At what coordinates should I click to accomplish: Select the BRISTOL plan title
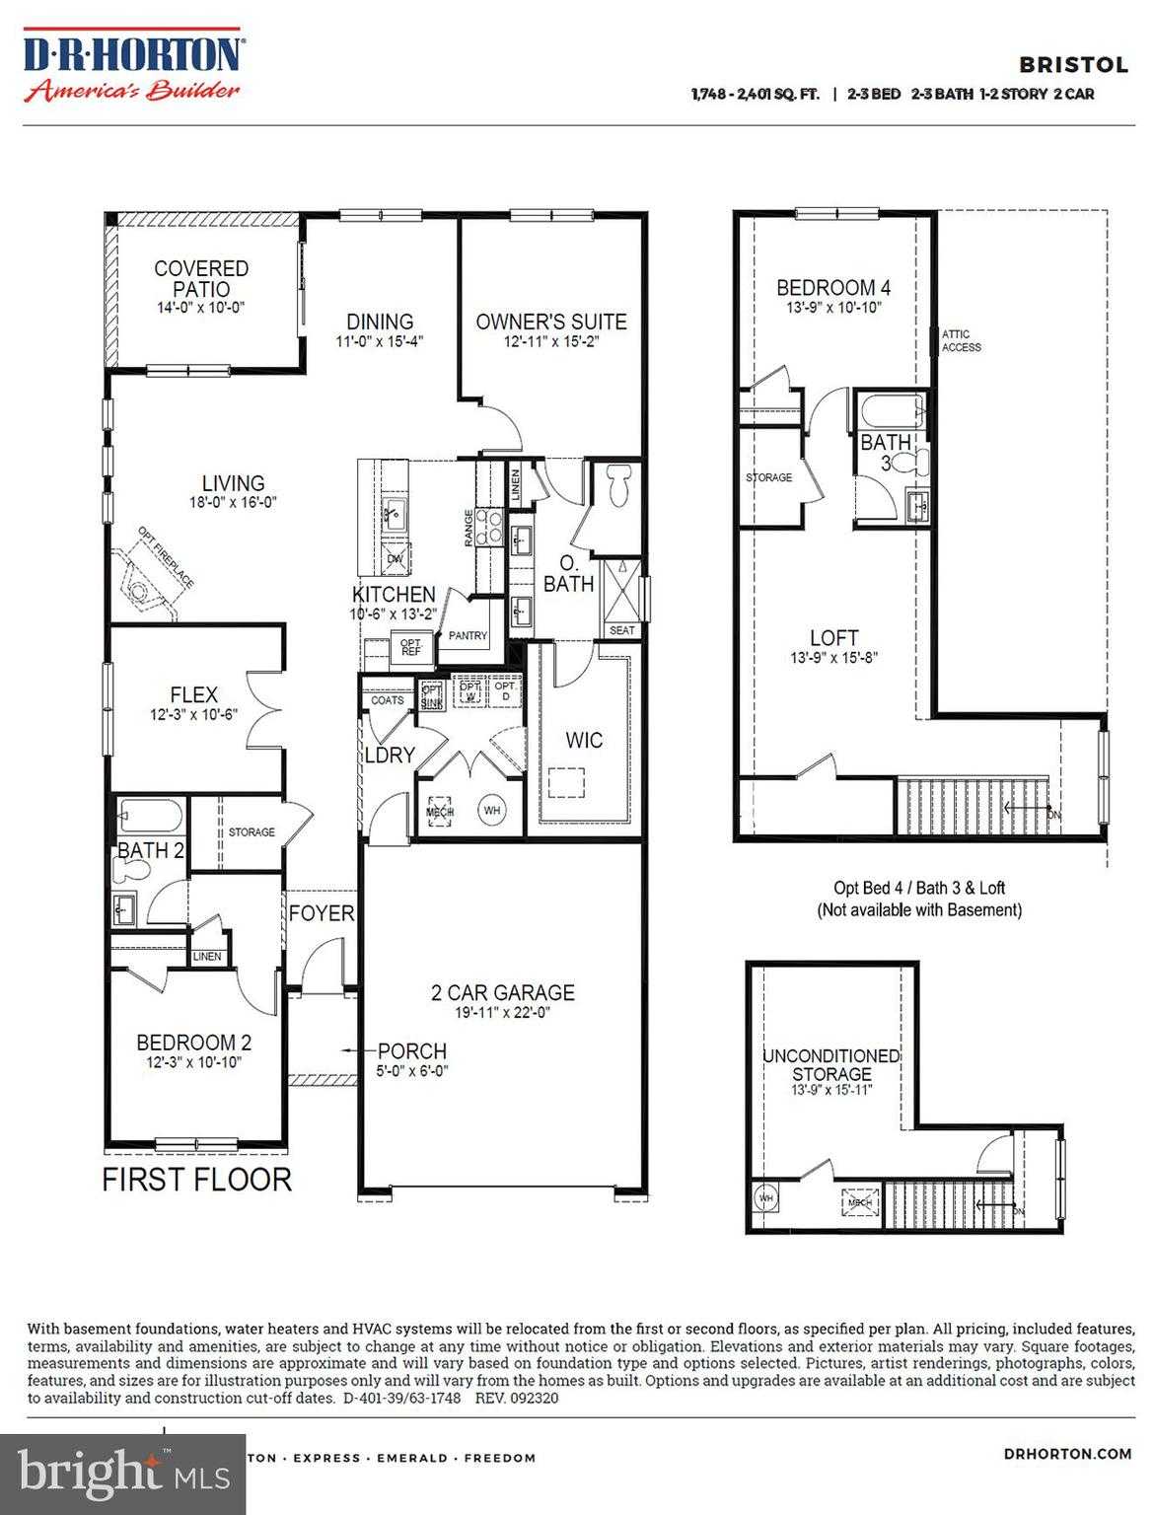(1059, 65)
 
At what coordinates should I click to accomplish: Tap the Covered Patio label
(201, 278)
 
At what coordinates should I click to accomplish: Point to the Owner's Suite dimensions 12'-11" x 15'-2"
(551, 342)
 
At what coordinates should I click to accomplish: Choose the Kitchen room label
(394, 594)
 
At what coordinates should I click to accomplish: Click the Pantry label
(468, 636)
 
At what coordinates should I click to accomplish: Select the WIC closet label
(584, 740)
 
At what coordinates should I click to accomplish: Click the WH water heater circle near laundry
(492, 811)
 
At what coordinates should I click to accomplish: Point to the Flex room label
(193, 694)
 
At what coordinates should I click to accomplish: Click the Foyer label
(321, 913)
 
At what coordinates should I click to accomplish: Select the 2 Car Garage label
(502, 992)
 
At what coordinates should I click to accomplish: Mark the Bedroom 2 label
(193, 1043)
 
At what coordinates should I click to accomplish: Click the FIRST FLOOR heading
(196, 1179)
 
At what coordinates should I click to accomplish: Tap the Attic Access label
(962, 340)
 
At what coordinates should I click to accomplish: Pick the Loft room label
(833, 637)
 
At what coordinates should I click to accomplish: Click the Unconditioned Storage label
(831, 1064)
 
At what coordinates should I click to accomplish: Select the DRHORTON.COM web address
(1067, 1453)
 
